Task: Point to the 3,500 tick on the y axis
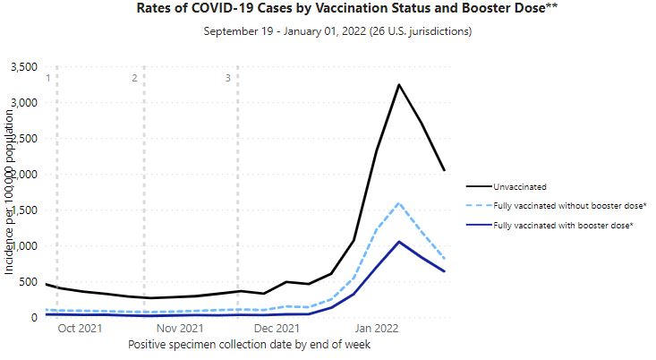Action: coord(21,67)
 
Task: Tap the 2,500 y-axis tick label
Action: coord(21,139)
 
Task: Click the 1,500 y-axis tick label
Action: coord(21,210)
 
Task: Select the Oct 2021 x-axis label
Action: coord(81,329)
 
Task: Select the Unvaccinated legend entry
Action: coord(519,187)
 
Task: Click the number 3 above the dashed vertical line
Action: coord(228,78)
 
